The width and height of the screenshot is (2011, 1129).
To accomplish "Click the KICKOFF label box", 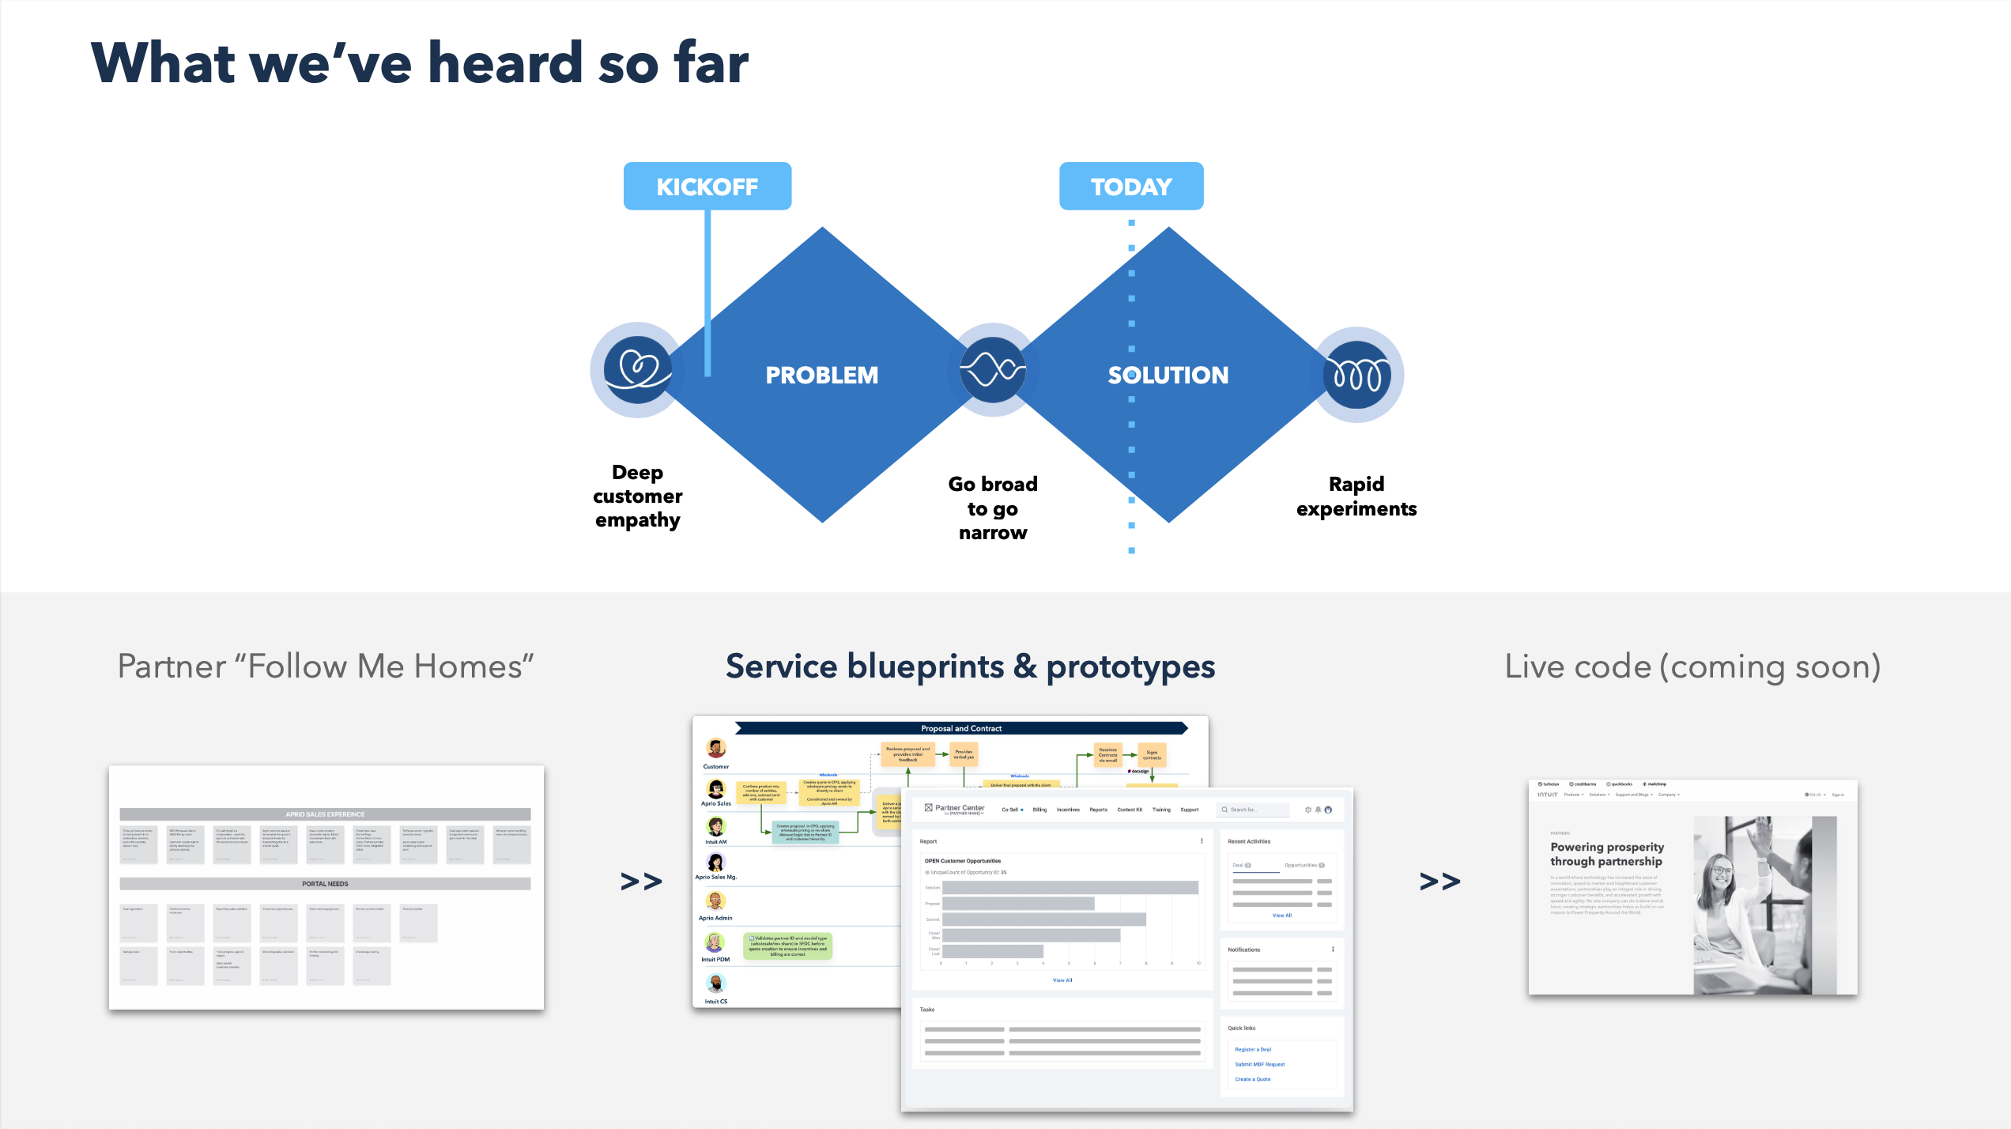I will click(707, 187).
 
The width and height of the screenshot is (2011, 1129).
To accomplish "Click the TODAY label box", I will click(1130, 187).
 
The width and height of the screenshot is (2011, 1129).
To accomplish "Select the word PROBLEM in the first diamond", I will click(821, 375).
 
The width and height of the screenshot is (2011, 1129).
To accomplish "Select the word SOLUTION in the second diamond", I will click(1168, 375).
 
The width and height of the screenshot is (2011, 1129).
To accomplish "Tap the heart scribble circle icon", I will click(637, 369).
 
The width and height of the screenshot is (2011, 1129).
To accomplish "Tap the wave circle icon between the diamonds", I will click(992, 369).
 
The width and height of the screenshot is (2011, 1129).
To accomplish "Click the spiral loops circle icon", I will click(1356, 374).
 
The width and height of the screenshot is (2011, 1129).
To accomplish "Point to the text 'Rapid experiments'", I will click(1356, 496).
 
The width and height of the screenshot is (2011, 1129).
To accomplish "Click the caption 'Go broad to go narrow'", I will click(992, 508).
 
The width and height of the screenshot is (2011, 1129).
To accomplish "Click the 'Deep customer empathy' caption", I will click(637, 496).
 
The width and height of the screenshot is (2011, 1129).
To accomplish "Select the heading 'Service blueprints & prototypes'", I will click(970, 666).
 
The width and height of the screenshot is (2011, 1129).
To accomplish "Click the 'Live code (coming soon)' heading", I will click(1692, 666).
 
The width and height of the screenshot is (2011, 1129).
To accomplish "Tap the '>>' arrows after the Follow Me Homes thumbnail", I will click(641, 881).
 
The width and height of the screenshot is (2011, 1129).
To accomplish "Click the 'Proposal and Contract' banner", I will click(960, 728).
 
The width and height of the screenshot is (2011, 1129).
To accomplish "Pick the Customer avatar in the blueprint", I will click(716, 748).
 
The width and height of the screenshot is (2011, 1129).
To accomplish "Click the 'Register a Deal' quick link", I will click(1253, 1049).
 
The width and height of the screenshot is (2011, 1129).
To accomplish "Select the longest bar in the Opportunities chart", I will click(1070, 888).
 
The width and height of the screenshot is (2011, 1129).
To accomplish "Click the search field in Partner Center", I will click(1254, 810).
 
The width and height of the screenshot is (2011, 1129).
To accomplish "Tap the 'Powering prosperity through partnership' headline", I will click(1606, 854).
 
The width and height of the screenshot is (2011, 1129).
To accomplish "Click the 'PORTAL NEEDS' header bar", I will click(325, 884).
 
